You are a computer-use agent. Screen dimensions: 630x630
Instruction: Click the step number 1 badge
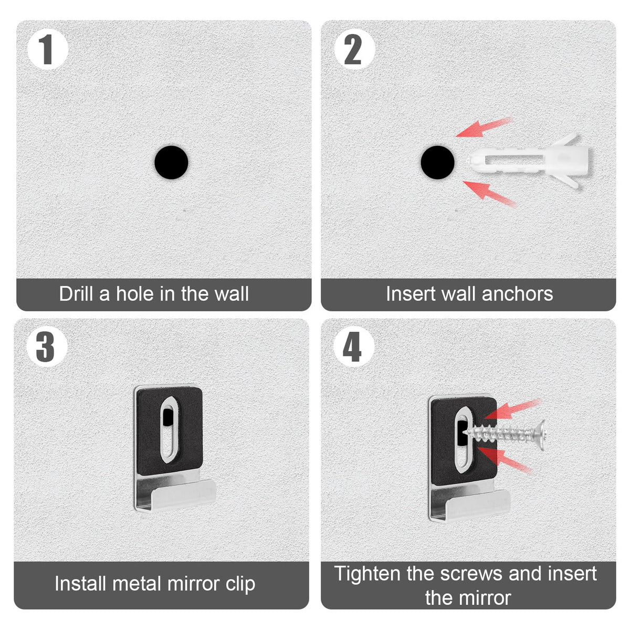tap(48, 49)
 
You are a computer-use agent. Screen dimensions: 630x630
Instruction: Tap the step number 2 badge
tap(354, 49)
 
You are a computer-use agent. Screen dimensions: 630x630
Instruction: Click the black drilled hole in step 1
tap(171, 162)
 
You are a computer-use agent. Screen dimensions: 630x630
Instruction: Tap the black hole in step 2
tap(438, 162)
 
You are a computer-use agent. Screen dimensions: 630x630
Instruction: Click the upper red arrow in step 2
tap(484, 127)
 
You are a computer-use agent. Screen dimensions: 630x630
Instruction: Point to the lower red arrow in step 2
tap(489, 194)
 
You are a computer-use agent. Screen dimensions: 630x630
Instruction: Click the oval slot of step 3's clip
tap(170, 429)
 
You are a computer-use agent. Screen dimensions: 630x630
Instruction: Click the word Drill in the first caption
tap(76, 293)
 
